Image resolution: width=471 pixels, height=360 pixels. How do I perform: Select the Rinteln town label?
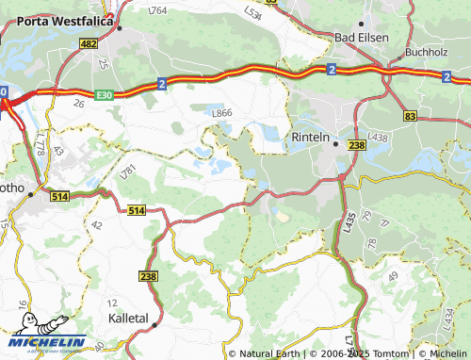311,137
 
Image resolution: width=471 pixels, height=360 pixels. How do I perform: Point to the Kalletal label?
128,319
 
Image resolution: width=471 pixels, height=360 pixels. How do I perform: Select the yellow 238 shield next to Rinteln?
356,145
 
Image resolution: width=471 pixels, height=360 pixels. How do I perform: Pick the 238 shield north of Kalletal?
149,276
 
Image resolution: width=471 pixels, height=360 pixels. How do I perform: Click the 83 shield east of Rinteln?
410,115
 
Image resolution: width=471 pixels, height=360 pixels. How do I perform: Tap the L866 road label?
222,113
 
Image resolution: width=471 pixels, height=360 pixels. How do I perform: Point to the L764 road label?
158,10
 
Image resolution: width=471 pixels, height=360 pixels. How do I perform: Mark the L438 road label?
379,138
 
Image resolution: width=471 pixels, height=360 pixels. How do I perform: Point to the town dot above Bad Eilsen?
362,22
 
